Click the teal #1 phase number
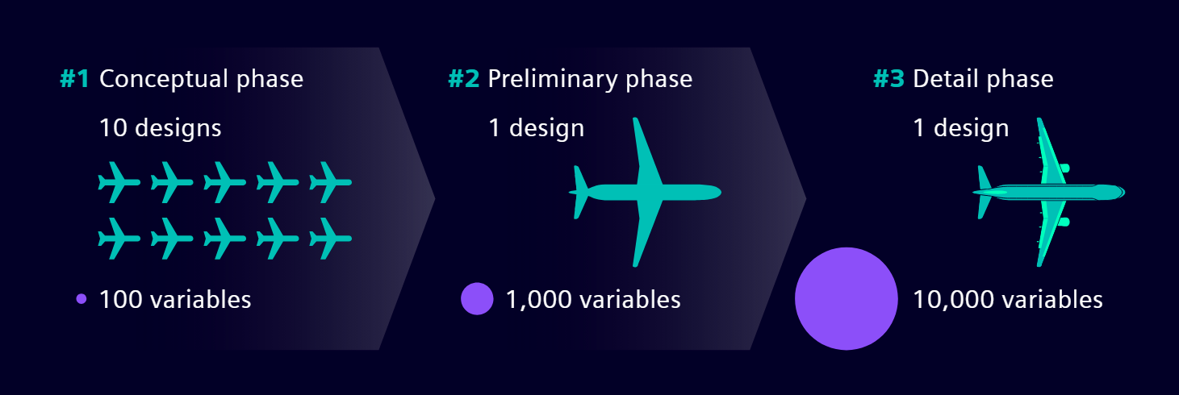pos(74,79)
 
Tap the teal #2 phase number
pos(463,79)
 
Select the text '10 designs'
pos(160,127)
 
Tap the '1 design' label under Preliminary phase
pos(536,127)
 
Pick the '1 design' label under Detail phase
pos(960,127)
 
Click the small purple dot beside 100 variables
pos(81,299)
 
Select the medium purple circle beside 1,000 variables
pos(476,299)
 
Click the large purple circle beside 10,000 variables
pos(846,298)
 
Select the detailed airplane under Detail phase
pos(1049,193)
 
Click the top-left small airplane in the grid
pos(118,183)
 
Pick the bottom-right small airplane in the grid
pos(331,238)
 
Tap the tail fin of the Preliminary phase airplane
pos(580,192)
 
